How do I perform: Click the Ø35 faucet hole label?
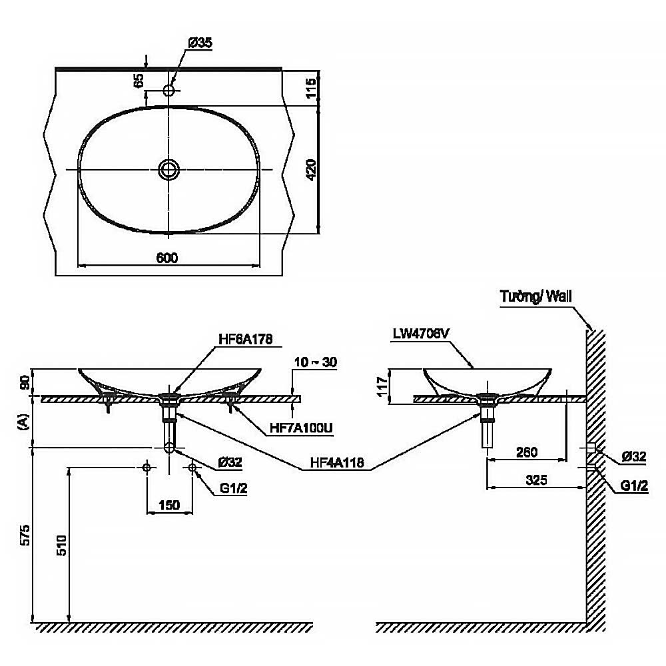(200, 43)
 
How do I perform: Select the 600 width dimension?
(168, 258)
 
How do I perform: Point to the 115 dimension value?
(310, 87)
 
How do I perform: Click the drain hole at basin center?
(169, 169)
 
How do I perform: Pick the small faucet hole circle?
(169, 91)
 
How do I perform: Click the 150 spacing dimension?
(170, 505)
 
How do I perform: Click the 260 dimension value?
(527, 452)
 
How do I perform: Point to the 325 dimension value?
(536, 480)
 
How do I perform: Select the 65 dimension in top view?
(139, 81)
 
